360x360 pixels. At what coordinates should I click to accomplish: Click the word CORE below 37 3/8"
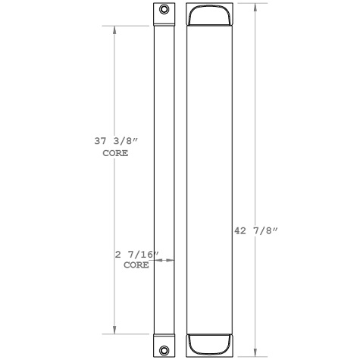114,153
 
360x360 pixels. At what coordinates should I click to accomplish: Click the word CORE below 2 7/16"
136,266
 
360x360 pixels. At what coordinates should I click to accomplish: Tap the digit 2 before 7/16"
117,255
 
